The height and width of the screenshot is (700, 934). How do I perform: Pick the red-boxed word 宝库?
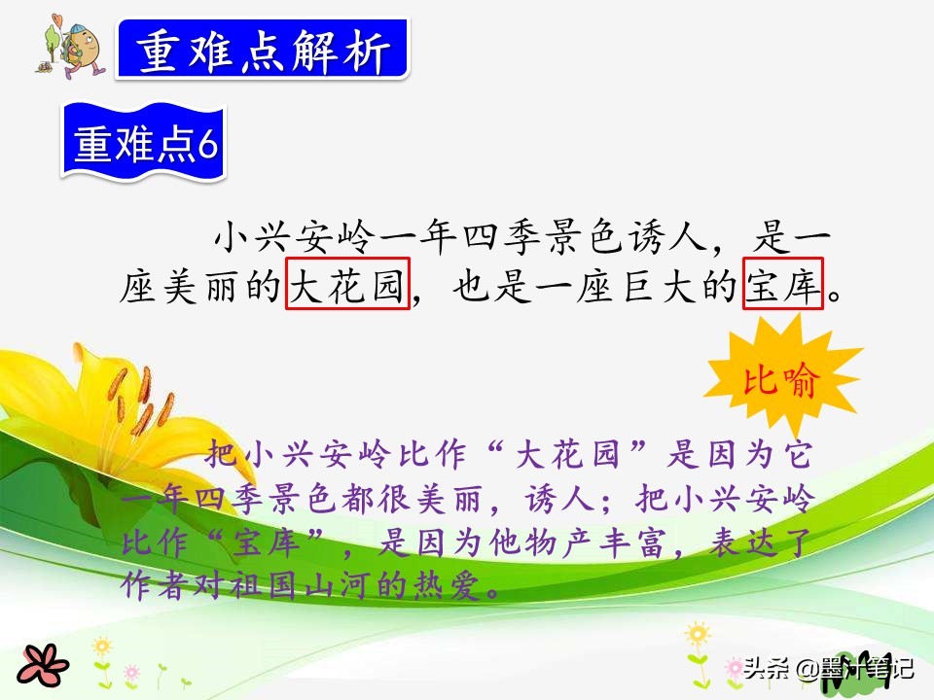tap(783, 283)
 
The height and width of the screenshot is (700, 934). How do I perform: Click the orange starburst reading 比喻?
tap(782, 381)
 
